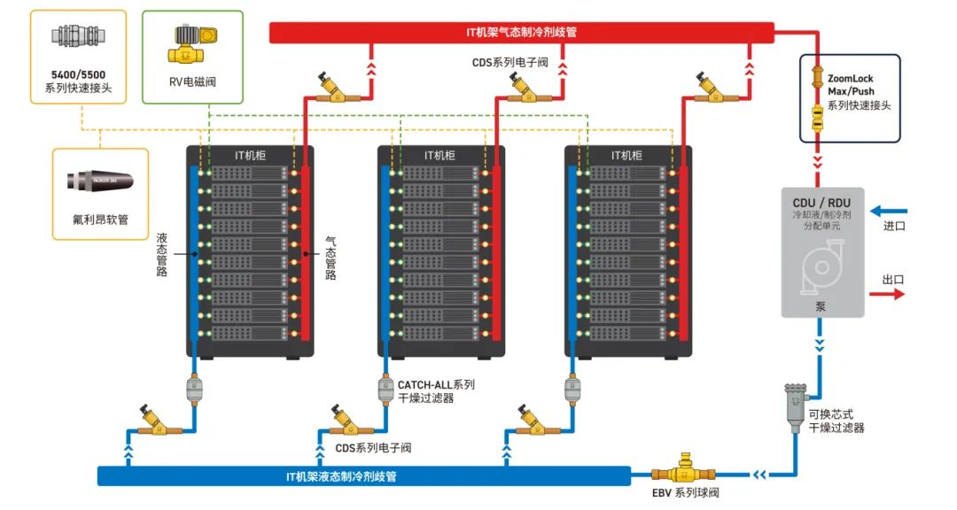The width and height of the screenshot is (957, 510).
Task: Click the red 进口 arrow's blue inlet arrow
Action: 887,212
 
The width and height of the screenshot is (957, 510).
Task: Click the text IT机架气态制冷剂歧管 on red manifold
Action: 522,33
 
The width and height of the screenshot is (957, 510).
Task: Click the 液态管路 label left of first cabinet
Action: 163,254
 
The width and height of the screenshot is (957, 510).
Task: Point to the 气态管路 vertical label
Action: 330,257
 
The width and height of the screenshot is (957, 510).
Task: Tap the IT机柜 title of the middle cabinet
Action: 440,155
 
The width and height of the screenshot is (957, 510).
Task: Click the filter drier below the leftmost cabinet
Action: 195,390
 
